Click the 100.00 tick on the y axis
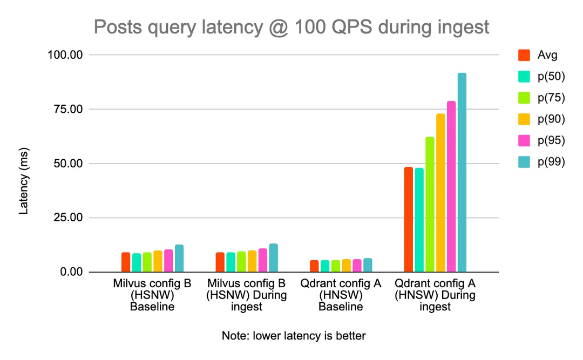point(65,55)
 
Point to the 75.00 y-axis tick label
point(67,110)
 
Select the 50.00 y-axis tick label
point(67,164)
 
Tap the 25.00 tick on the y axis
point(67,218)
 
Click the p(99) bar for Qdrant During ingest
point(462,173)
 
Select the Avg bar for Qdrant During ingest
point(409,220)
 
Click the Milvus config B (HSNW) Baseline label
point(152,295)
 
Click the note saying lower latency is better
point(294,336)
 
